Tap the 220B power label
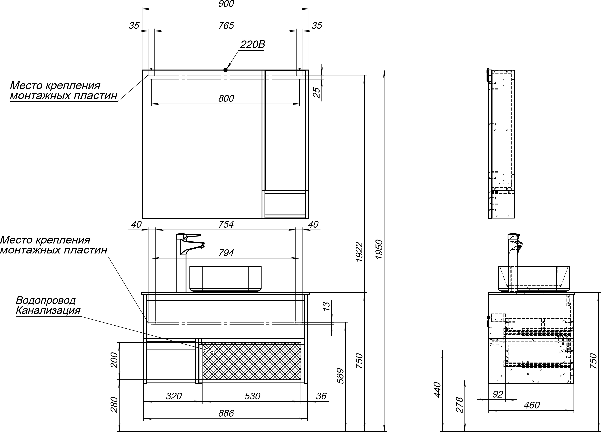(252, 45)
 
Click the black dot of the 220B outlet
(225, 70)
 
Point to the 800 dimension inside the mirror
(226, 98)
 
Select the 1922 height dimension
(359, 252)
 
